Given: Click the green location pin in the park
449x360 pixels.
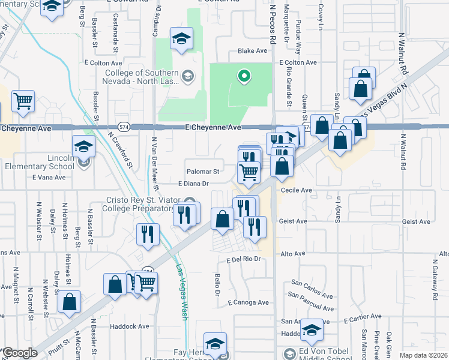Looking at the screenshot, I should [244, 76].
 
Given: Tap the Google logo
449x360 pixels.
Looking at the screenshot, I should [20, 353].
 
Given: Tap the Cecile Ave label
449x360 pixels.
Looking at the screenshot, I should [297, 190].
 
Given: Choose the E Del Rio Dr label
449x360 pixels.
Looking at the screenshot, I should [244, 259].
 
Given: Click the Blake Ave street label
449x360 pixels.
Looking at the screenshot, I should [252, 51].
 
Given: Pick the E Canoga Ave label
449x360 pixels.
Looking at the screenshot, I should [248, 302].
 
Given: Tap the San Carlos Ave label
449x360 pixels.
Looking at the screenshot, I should [312, 282].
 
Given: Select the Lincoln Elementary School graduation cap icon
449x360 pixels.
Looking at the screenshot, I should [84, 146].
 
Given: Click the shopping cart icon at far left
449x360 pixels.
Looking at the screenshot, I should [23, 101].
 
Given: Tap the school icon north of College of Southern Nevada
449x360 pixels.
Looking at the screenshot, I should [180, 39].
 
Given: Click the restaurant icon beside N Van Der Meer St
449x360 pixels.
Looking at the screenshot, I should [148, 234].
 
